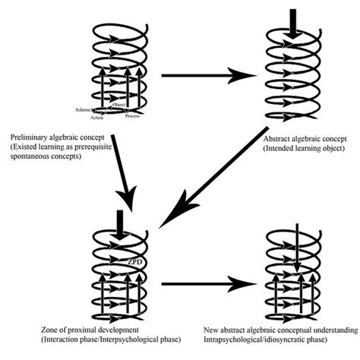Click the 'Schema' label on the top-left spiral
83,109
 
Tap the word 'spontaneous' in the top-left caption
27,148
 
